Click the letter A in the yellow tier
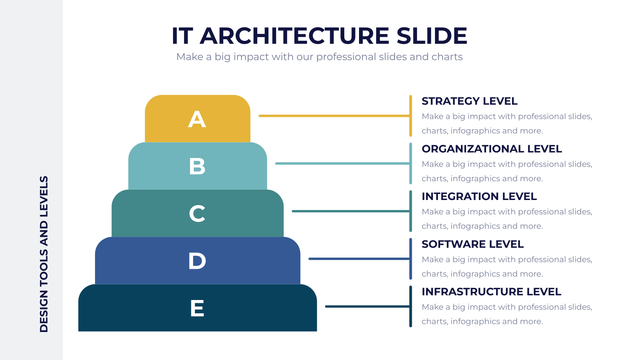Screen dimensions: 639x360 pyautogui.click(x=197, y=119)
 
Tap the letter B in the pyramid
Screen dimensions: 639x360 pyautogui.click(x=197, y=166)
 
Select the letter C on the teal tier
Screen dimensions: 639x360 pyautogui.click(x=197, y=214)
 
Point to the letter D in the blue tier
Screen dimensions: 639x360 pyautogui.click(x=197, y=261)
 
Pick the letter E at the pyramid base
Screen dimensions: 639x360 pyautogui.click(x=197, y=308)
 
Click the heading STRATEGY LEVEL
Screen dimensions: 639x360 pyautogui.click(x=469, y=101)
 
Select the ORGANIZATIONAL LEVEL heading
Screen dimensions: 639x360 pyautogui.click(x=492, y=149)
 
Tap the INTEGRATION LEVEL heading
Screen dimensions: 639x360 pyautogui.click(x=479, y=196)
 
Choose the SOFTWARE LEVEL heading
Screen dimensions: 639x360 pyautogui.click(x=472, y=244)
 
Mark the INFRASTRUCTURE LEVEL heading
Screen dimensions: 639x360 pyautogui.click(x=491, y=292)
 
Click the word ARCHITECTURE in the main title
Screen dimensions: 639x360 pyautogui.click(x=294, y=36)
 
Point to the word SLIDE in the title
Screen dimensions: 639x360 pyautogui.click(x=432, y=36)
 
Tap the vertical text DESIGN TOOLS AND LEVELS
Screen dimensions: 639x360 pyautogui.click(x=44, y=254)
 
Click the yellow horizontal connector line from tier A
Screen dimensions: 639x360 pyautogui.click(x=334, y=116)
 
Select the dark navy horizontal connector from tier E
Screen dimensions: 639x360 pyautogui.click(x=367, y=306)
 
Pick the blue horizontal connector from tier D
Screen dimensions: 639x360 pyautogui.click(x=359, y=259)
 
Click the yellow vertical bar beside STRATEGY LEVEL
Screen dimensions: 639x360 pyautogui.click(x=411, y=116)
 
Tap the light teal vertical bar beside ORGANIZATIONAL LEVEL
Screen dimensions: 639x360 pyautogui.click(x=411, y=164)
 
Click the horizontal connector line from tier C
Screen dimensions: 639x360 pyautogui.click(x=351, y=211)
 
